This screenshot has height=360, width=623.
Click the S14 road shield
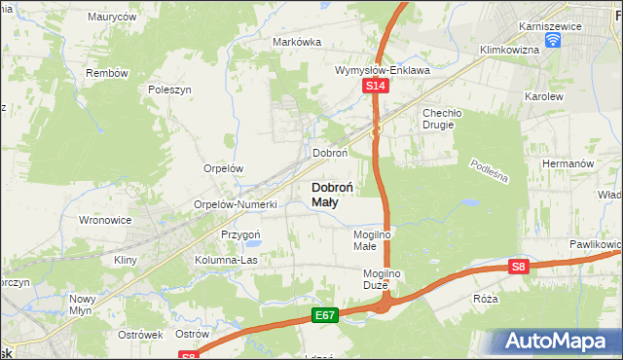tap(377, 88)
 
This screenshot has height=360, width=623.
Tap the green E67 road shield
tap(326, 315)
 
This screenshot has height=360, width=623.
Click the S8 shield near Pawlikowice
tap(519, 268)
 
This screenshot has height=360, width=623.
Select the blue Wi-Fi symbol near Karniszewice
tap(553, 40)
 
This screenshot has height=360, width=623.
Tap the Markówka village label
tap(297, 42)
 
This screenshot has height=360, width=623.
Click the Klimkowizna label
tap(509, 49)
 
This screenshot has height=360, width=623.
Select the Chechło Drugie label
tap(439, 119)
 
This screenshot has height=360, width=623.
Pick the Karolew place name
tap(544, 98)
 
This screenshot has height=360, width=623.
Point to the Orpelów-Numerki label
tap(237, 205)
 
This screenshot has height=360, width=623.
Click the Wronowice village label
tap(105, 220)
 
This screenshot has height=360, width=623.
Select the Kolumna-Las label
tap(227, 261)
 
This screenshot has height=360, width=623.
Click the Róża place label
tap(485, 299)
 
